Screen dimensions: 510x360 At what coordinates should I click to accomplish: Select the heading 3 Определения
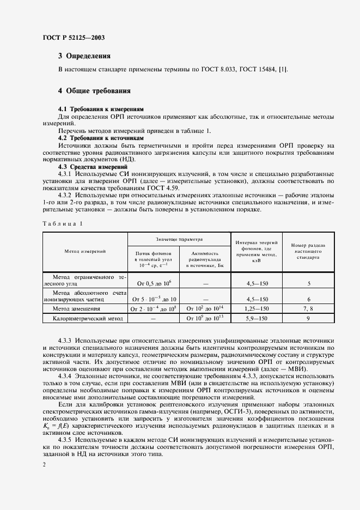tap(84, 56)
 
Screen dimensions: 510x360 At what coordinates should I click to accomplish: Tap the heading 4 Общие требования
tap(94, 90)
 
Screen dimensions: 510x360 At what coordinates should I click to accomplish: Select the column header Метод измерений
tap(85, 251)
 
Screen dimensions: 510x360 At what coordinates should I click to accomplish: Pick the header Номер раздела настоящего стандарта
tap(308, 251)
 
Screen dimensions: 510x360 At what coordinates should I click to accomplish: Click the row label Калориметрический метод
tap(85, 317)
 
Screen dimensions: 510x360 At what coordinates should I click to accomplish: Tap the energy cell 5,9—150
tap(257, 317)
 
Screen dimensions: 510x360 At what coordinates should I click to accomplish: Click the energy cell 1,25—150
tap(257, 308)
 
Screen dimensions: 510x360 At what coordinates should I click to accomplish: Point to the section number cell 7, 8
tap(308, 308)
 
